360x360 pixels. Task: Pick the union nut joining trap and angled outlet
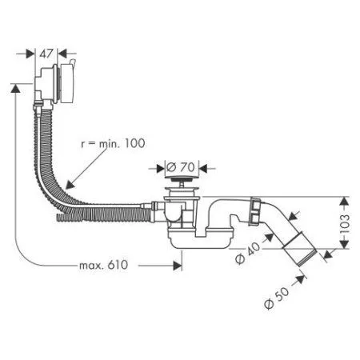255,214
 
